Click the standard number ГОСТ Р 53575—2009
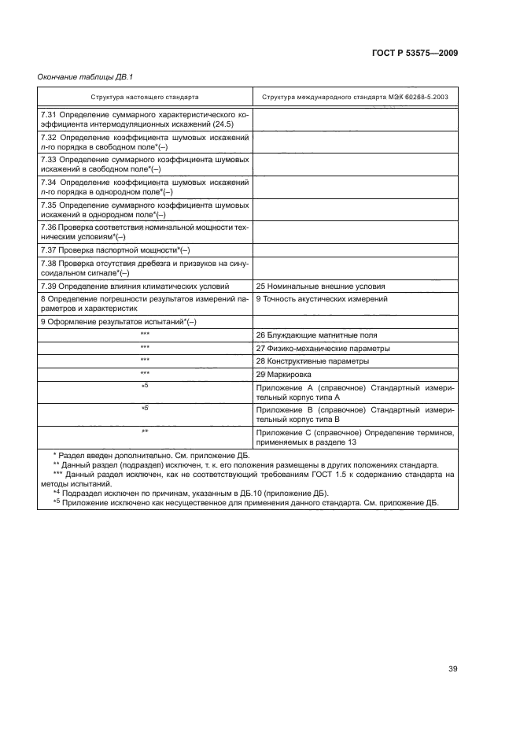(415, 53)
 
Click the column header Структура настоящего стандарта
(145, 97)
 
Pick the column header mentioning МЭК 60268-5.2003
(355, 97)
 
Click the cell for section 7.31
(145, 120)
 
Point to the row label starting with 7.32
(145, 142)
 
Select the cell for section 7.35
(145, 209)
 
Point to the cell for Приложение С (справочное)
(355, 437)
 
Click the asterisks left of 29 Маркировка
(145, 373)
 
